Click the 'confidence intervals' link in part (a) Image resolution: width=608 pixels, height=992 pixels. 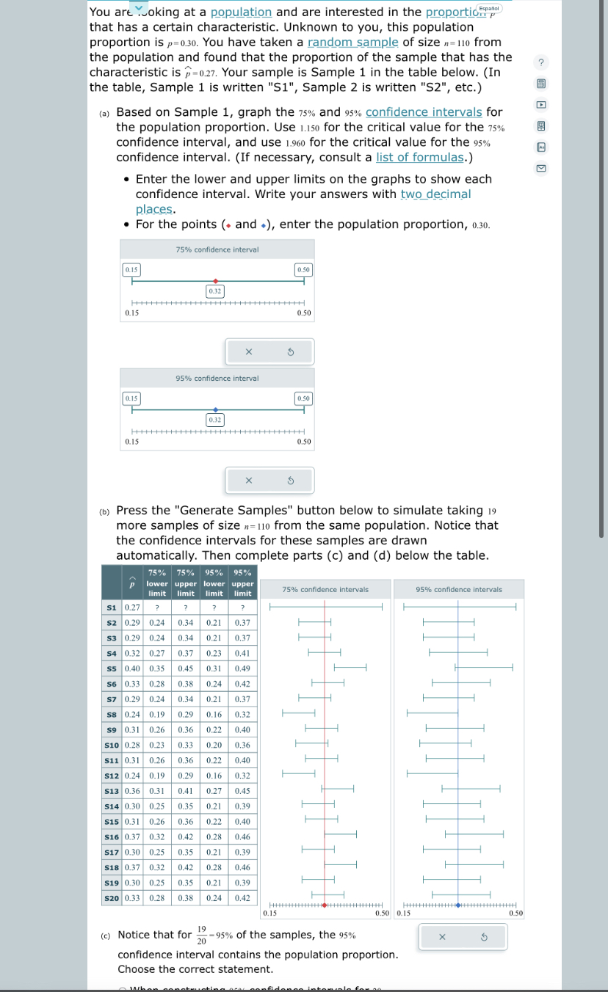[424, 112]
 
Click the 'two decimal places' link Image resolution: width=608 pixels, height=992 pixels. [435, 194]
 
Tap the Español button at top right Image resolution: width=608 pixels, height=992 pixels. [489, 8]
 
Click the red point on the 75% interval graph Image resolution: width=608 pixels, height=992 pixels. [215, 280]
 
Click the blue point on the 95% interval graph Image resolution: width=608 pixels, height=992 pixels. [215, 409]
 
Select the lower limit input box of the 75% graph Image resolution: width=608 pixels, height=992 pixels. [131, 270]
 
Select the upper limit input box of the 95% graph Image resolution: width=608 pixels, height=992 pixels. [303, 398]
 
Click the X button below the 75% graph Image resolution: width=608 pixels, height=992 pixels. [248, 352]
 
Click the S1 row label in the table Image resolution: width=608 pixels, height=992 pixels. [112, 608]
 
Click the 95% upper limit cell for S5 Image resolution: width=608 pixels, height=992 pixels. [242, 669]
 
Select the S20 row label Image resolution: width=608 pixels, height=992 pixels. [112, 898]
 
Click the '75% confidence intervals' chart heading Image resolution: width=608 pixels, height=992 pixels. [325, 589]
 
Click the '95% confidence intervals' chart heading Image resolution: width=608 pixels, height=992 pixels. [459, 589]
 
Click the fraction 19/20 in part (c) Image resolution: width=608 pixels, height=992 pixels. [201, 936]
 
